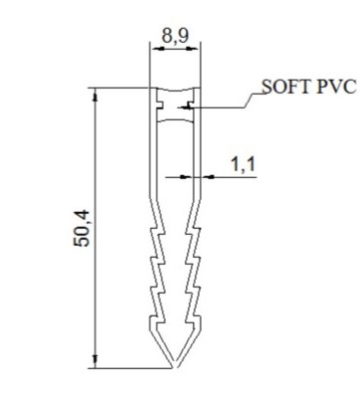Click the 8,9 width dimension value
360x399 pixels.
pos(175,36)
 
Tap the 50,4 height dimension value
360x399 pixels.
pos(82,228)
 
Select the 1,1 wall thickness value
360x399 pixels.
pos(243,164)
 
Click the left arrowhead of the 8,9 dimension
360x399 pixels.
pos(157,49)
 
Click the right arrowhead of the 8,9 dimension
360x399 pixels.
pos(194,49)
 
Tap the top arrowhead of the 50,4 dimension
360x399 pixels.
pos(95,96)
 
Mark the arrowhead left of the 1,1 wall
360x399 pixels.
pos(186,177)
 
